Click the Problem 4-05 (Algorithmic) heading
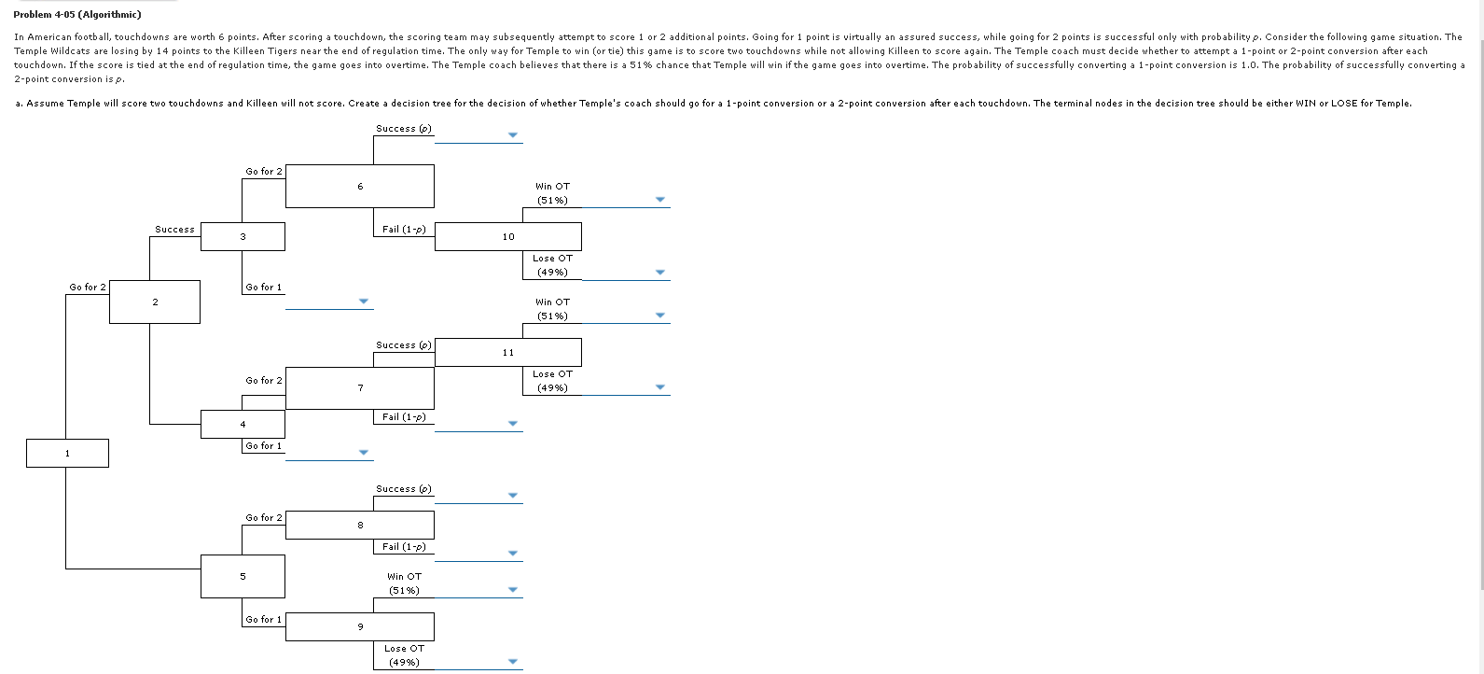click(77, 15)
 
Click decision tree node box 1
click(67, 454)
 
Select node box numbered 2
click(155, 302)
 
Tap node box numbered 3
click(243, 237)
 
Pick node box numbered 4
click(243, 425)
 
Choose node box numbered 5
click(243, 577)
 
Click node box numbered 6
click(360, 187)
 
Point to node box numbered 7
click(360, 388)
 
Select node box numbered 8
click(360, 526)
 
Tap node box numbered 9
click(360, 626)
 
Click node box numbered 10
click(508, 237)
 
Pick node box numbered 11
click(508, 353)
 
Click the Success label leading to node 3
click(174, 230)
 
